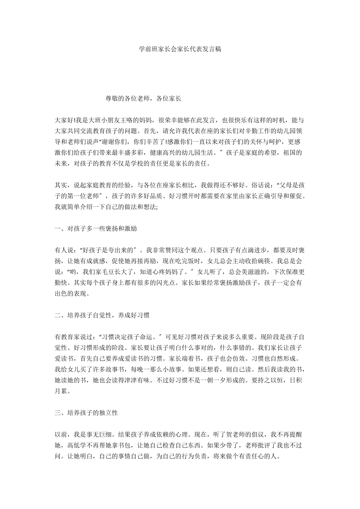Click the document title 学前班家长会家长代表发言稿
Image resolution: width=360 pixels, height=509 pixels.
(x=180, y=49)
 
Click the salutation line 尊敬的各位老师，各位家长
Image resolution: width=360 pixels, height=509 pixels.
(x=143, y=99)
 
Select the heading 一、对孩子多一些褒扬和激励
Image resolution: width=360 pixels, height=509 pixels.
(x=96, y=228)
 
